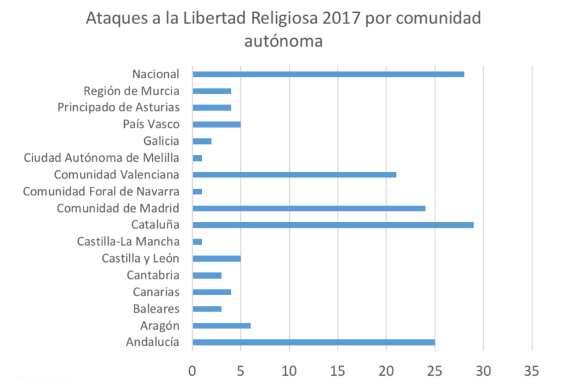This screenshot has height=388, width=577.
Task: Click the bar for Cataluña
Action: tap(332, 225)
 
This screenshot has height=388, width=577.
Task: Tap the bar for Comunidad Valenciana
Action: tap(294, 175)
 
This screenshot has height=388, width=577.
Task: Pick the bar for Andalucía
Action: tap(313, 342)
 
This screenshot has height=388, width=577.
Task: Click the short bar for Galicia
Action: tap(202, 141)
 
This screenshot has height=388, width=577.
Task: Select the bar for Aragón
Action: tap(221, 325)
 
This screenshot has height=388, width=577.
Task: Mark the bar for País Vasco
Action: tap(216, 124)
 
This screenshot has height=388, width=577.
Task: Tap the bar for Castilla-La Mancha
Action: tap(197, 242)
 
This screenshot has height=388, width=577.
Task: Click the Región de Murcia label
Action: tap(131, 91)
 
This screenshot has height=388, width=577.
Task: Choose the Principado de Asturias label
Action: tap(118, 107)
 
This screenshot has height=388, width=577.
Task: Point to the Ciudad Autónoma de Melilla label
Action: tap(101, 158)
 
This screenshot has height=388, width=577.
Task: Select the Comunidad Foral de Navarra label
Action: tap(101, 191)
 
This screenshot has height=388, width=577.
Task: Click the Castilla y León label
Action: tap(140, 259)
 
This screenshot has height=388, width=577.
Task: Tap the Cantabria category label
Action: tap(153, 275)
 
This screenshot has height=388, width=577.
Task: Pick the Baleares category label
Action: tap(156, 309)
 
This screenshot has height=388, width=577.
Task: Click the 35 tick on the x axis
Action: tap(531, 371)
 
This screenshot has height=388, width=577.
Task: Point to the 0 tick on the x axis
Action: tap(192, 371)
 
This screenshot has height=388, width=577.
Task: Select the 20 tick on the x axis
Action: tap(386, 371)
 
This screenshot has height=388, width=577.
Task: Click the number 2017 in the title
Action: tap(338, 18)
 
